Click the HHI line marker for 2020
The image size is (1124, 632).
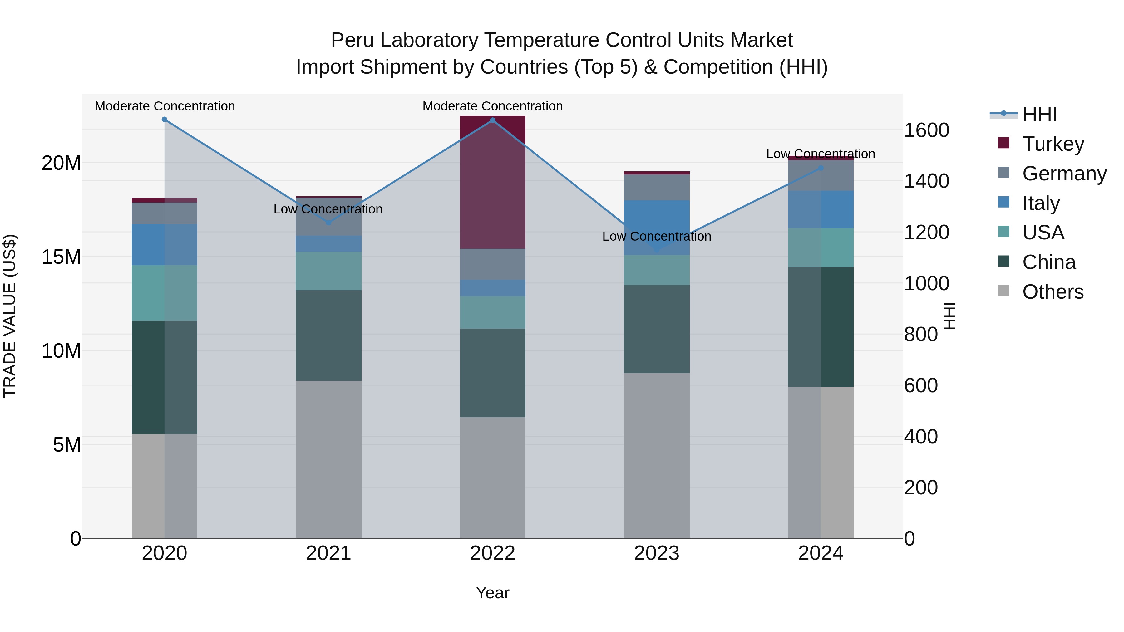(x=165, y=120)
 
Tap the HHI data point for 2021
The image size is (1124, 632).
(x=328, y=223)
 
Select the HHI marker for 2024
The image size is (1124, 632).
(x=821, y=168)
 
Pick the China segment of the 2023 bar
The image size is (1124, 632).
(x=657, y=329)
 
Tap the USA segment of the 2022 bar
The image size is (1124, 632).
(x=493, y=312)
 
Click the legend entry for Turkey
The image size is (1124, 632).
(x=1053, y=144)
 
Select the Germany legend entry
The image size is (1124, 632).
(x=1064, y=173)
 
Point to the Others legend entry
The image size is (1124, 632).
(x=1053, y=292)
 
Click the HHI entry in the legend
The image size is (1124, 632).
(x=1039, y=114)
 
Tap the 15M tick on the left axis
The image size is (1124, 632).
(x=61, y=257)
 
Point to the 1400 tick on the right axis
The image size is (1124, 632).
(x=926, y=181)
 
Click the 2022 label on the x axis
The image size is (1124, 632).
(x=493, y=553)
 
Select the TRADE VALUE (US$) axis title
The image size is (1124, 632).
(x=10, y=316)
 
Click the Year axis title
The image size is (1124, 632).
(x=493, y=593)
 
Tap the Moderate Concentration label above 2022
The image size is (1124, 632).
(x=493, y=106)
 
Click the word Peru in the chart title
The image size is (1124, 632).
(x=352, y=40)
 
